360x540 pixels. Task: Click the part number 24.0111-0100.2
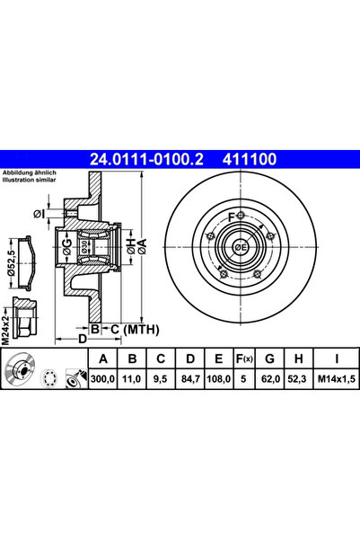(146, 159)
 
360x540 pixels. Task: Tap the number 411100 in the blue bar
(250, 159)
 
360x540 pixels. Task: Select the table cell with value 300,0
(103, 379)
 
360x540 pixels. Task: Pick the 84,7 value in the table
(190, 379)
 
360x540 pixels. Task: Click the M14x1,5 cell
(336, 379)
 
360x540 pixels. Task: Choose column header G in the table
(270, 359)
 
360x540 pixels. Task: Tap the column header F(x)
(244, 359)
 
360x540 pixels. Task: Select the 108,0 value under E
(218, 379)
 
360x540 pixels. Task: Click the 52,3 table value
(299, 379)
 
